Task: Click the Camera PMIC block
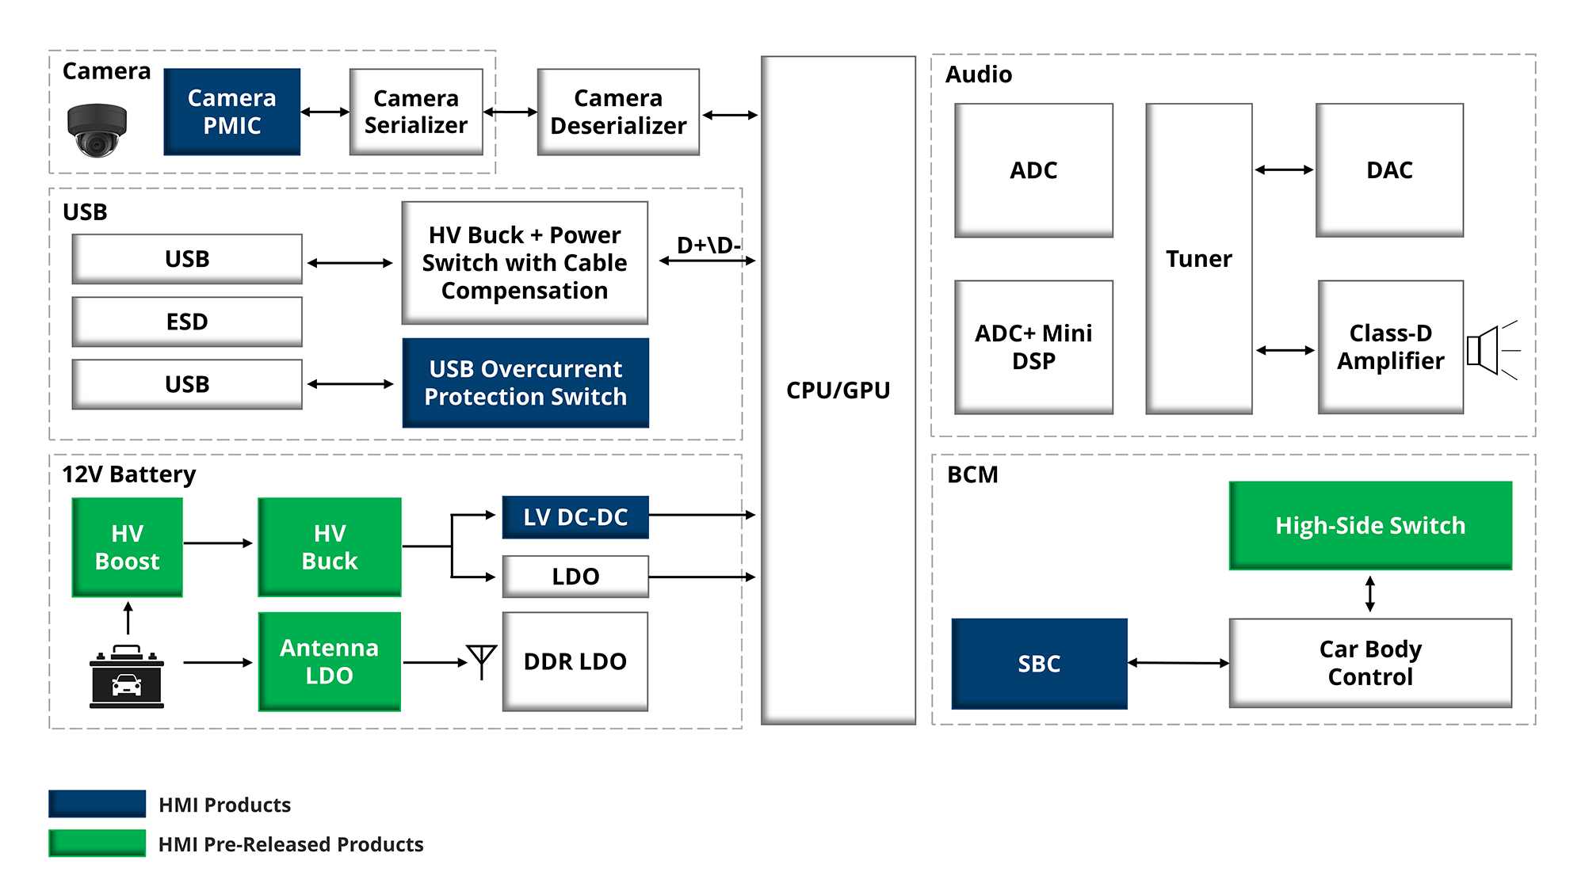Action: [231, 112]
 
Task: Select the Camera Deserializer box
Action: [618, 112]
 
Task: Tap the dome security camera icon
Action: [97, 130]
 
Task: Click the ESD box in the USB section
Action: [187, 322]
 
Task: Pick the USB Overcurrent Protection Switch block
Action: [525, 383]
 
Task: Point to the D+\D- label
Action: [708, 245]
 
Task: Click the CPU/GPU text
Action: [838, 390]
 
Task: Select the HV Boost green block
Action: [128, 547]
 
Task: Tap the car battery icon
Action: [127, 678]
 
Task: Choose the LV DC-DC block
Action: [575, 517]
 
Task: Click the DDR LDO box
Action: [575, 661]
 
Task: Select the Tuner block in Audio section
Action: [1198, 259]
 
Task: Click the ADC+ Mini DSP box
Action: [1033, 347]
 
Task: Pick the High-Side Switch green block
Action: [1370, 525]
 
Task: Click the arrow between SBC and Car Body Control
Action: [1178, 663]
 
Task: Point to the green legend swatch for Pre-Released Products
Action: [97, 843]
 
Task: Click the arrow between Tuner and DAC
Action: [1284, 169]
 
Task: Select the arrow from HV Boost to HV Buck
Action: [219, 543]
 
